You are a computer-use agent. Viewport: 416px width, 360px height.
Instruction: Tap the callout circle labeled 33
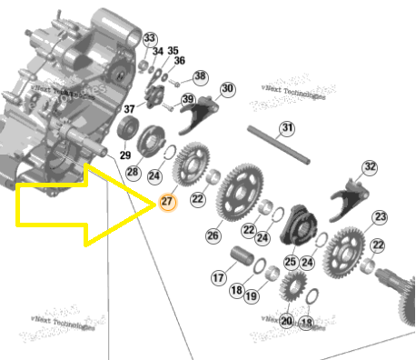tap(150, 38)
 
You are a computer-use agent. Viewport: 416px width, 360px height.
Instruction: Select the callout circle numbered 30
tap(227, 88)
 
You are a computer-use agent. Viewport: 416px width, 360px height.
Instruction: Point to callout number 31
tap(287, 128)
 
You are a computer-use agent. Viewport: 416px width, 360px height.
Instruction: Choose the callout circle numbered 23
tap(380, 216)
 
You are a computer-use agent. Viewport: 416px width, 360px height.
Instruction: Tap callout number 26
tap(213, 235)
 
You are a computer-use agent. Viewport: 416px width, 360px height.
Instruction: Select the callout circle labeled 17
tap(219, 276)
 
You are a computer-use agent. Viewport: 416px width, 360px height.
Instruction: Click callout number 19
tap(251, 296)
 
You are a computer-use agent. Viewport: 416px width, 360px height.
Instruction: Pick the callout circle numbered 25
tap(290, 262)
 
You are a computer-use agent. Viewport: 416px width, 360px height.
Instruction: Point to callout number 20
tap(286, 320)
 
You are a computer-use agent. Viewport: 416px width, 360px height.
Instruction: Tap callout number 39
tap(188, 99)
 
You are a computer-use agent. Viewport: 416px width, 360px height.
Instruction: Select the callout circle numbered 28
tap(133, 172)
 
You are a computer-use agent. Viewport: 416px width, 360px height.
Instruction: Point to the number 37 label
tap(128, 109)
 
